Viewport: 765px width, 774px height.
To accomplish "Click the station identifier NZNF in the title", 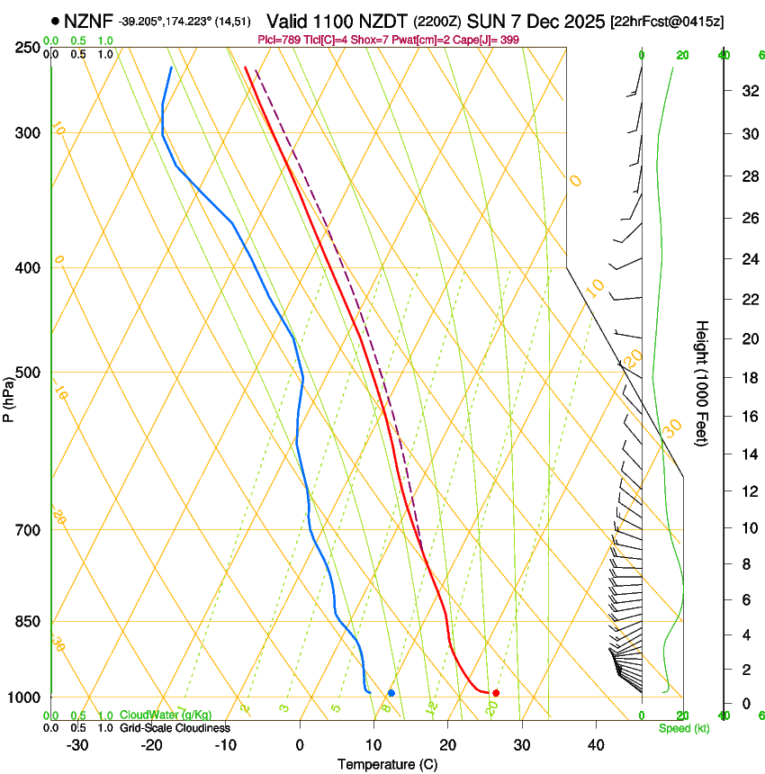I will coord(89,20).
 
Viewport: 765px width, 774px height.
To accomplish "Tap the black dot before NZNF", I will coord(56,20).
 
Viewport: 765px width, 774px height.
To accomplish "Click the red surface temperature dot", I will coord(496,692).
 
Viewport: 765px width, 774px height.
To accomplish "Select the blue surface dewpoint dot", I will coord(391,692).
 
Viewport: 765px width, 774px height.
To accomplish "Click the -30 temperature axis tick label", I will coord(77,745).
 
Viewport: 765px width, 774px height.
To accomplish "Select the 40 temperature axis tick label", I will coord(595,745).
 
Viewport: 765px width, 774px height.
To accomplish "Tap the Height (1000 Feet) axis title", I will coord(703,382).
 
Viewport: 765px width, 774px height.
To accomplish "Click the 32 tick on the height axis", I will coord(747,91).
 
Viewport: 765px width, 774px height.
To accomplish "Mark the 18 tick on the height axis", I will coord(747,378).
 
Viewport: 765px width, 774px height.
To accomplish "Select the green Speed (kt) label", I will coord(684,728).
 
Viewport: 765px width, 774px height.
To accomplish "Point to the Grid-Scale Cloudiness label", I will coord(175,728).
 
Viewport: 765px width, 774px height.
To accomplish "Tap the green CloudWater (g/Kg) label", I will coord(166,715).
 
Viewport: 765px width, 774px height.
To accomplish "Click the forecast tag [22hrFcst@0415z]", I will coord(666,21).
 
